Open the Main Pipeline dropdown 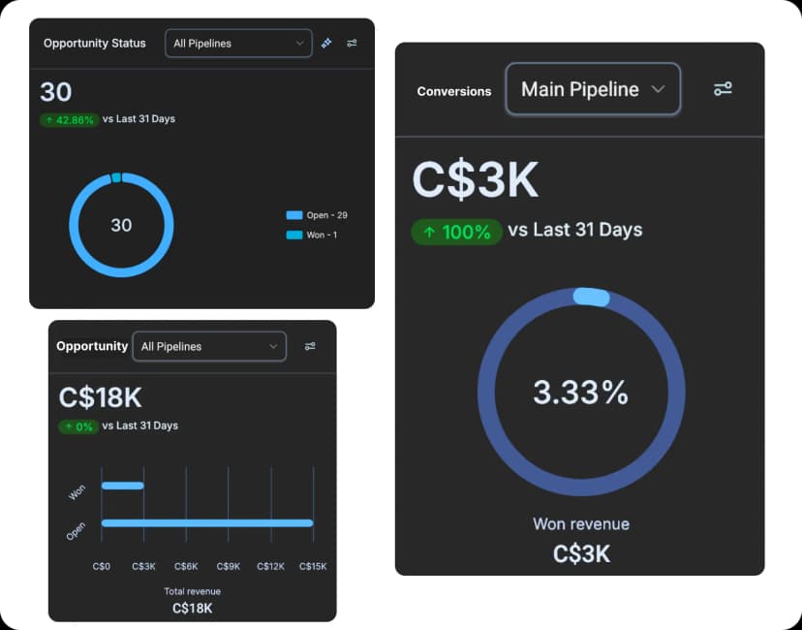593,90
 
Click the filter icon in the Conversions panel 723,89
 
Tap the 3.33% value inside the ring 580,393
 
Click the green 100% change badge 456,232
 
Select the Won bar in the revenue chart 123,486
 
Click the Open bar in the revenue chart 207,523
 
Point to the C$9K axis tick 229,566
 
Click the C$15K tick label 313,566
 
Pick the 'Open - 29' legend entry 317,215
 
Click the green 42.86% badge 69,120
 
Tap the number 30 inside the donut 121,225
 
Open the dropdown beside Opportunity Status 238,44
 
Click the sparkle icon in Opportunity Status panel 326,44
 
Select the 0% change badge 78,426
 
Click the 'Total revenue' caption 192,591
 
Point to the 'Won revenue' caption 580,524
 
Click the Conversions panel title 453,91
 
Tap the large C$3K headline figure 475,180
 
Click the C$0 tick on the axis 102,566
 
